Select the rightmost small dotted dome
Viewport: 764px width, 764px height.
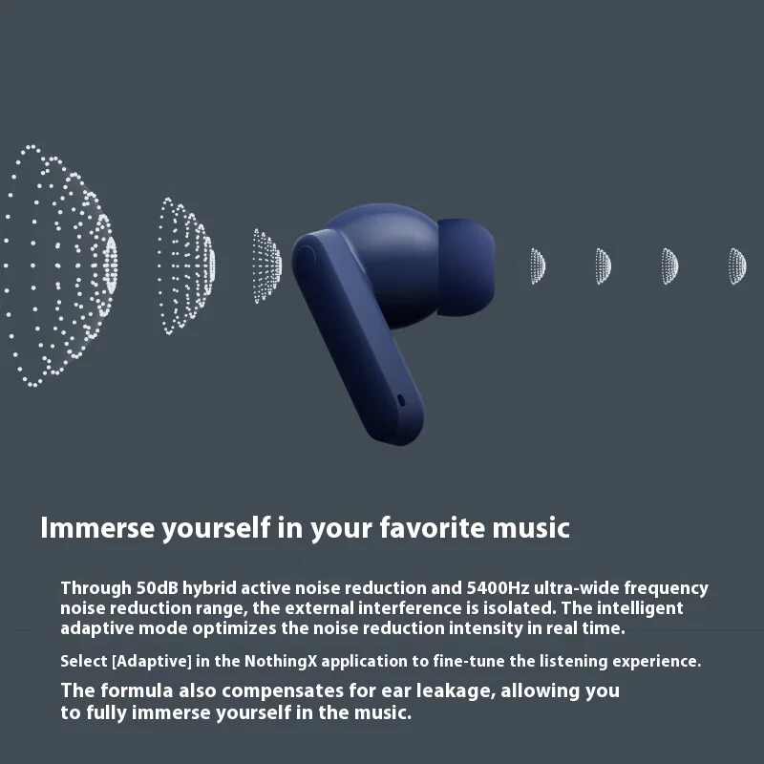(736, 265)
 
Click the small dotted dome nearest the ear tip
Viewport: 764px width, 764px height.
(538, 265)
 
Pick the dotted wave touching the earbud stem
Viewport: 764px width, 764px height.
(267, 265)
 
